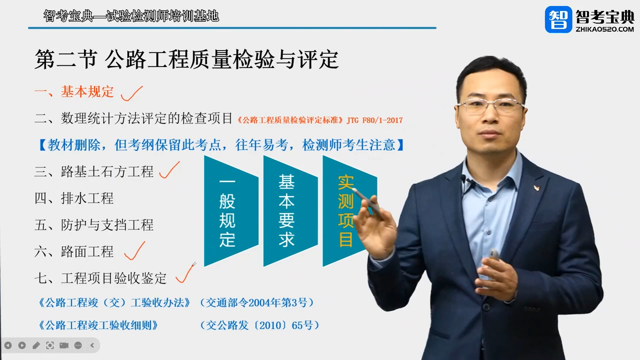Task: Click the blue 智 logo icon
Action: tap(558, 19)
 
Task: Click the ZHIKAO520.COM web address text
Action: tap(604, 29)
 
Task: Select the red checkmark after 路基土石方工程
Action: tap(169, 171)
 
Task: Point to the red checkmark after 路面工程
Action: tap(134, 251)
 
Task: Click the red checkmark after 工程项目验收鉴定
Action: tap(185, 274)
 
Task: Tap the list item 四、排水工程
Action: tap(74, 198)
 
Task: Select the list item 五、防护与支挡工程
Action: tap(94, 225)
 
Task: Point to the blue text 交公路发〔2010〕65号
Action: tap(259, 325)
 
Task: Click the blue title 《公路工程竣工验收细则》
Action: tap(98, 325)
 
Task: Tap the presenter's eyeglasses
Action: tap(490, 105)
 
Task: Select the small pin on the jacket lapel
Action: tap(536, 188)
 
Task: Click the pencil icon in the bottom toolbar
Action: tap(36, 345)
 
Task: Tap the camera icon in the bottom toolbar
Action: tap(64, 345)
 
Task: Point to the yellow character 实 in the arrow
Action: tap(345, 182)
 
